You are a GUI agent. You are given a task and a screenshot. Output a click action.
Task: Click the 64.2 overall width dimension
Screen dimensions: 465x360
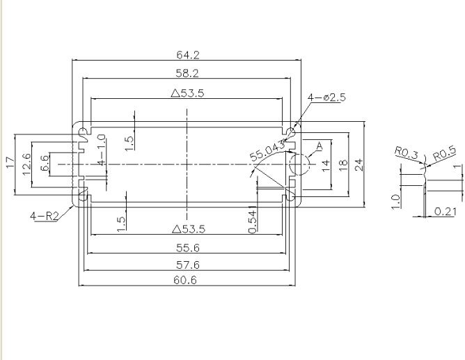pyautogui.click(x=188, y=55)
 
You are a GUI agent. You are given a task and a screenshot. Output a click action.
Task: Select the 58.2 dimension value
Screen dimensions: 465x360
pyautogui.click(x=187, y=73)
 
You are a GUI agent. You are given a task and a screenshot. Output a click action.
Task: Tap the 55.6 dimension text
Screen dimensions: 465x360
pyautogui.click(x=188, y=248)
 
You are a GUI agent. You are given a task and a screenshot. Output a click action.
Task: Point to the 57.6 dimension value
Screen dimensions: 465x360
pyautogui.click(x=188, y=265)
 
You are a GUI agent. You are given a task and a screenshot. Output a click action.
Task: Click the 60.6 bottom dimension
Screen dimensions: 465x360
pyautogui.click(x=185, y=280)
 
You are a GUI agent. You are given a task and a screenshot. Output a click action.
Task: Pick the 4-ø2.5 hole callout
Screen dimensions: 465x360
pyautogui.click(x=326, y=97)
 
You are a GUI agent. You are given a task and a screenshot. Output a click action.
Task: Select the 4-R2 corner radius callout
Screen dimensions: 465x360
pyautogui.click(x=45, y=216)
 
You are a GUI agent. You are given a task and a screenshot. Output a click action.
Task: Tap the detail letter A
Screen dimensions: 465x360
pyautogui.click(x=319, y=146)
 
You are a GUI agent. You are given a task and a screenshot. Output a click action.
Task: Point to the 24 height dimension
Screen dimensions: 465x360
pyautogui.click(x=358, y=164)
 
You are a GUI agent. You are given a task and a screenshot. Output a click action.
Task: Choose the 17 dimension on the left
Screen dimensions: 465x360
pyautogui.click(x=10, y=163)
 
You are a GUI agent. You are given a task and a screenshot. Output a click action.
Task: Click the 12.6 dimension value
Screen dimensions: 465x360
pyautogui.click(x=26, y=164)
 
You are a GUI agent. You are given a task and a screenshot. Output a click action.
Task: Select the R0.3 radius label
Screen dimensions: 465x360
pyautogui.click(x=407, y=152)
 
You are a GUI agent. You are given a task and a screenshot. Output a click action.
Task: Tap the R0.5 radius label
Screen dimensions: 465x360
pyautogui.click(x=445, y=153)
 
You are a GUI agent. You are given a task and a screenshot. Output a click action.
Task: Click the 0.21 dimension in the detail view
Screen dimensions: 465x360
pyautogui.click(x=446, y=212)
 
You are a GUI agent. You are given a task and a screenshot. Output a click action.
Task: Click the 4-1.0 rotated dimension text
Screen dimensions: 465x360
pyautogui.click(x=102, y=150)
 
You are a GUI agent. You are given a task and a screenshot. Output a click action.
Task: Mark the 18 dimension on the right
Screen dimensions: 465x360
pyautogui.click(x=342, y=165)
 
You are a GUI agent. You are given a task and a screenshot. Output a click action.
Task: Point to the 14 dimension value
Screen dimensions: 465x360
pyautogui.click(x=326, y=165)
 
